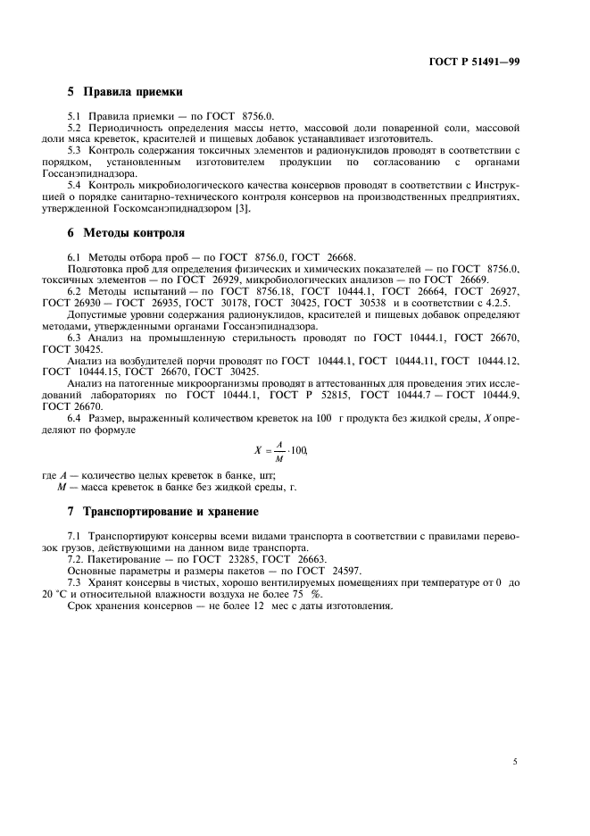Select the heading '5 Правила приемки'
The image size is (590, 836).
pos(125,92)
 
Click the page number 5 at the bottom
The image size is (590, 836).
pos(515,762)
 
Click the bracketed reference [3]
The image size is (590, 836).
pos(244,209)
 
